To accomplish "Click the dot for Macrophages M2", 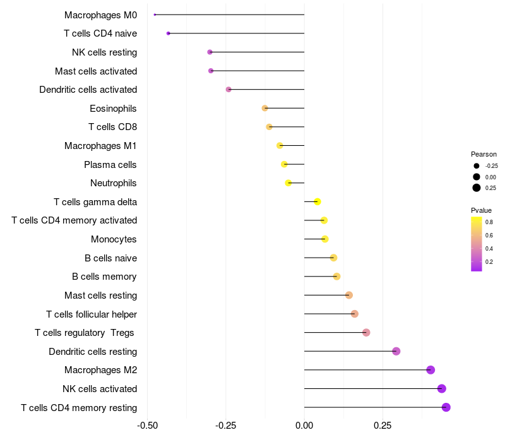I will [431, 370].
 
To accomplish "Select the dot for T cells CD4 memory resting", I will [446, 407].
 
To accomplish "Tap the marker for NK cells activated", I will [442, 388].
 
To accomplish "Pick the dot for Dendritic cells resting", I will [396, 351].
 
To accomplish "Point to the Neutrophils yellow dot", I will [288, 183].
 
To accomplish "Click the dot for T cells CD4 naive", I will [168, 33].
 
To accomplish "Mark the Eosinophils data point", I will [265, 109].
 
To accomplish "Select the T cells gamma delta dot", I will [318, 201].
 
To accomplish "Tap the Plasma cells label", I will [110, 165].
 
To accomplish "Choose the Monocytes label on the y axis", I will [114, 239].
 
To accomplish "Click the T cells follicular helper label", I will [92, 314].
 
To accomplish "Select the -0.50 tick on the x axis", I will [147, 426].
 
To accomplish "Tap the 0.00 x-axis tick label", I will [304, 426].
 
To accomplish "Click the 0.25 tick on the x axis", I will [383, 426].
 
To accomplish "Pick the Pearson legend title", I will [484, 154].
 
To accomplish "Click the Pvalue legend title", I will [481, 210].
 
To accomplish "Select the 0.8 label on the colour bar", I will [489, 222].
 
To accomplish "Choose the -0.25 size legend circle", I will [477, 166].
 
